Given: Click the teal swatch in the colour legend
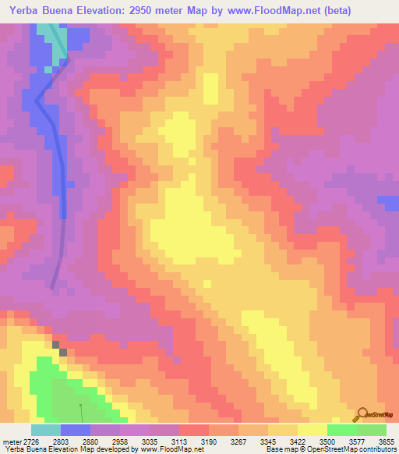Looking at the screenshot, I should click(x=45, y=430).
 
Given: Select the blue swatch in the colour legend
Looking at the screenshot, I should click(x=75, y=430).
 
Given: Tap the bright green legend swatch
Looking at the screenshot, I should click(x=341, y=430).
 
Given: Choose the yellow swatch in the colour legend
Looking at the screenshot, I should click(x=312, y=430).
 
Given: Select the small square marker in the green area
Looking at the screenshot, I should click(x=80, y=405).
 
